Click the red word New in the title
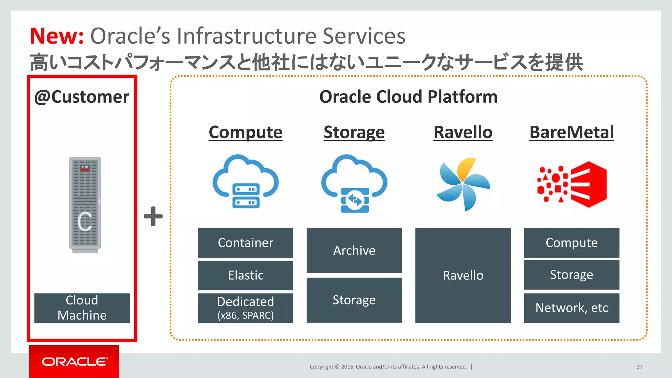pos(56,36)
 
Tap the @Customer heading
pos(82,97)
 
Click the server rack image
pos(85,205)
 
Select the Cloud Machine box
pos(82,308)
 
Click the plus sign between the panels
pos(153,216)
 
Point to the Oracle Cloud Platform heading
pos(408,97)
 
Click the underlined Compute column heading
pos(245,132)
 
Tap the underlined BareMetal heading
pos(572,132)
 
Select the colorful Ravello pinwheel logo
pos(463,184)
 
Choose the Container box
pos(245,243)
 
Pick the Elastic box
pos(245,275)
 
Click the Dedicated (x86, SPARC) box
pos(245,308)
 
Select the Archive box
pos(354,250)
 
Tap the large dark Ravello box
pos(463,275)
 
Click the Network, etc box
pos(571,308)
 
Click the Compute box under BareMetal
pos(571,243)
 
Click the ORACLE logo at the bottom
pos(74,362)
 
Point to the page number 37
pos(639,367)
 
